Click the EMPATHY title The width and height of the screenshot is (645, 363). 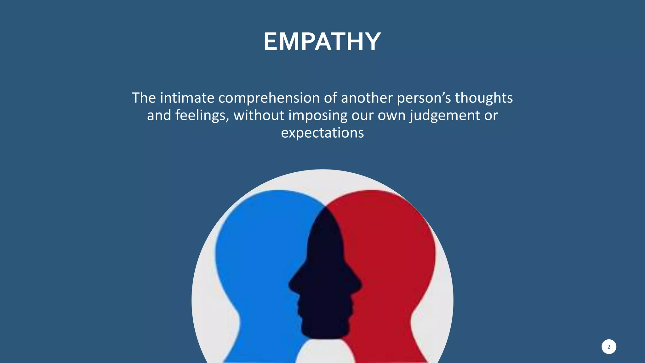[322, 42]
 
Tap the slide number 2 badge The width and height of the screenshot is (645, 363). [608, 347]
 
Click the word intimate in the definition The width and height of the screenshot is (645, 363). [187, 98]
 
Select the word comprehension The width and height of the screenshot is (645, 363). [269, 98]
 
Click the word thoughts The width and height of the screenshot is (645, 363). [484, 98]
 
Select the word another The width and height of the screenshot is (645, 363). [367, 98]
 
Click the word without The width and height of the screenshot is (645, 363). [259, 115]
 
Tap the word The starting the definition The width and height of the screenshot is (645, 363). [144, 98]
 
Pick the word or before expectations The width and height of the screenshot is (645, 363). [491, 116]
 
